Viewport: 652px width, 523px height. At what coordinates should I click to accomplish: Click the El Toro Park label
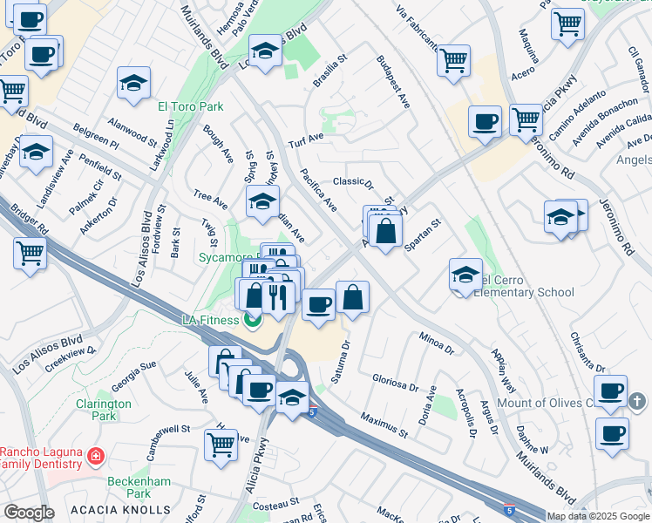[x=190, y=107]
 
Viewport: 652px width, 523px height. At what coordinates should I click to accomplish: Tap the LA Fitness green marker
[x=253, y=321]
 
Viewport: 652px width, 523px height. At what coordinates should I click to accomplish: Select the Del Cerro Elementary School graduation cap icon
[x=466, y=275]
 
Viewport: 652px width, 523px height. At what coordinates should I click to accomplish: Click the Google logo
[x=29, y=513]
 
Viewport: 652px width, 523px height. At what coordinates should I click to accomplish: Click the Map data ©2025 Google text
[x=598, y=516]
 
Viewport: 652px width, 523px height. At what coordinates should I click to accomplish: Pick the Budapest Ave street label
[x=393, y=82]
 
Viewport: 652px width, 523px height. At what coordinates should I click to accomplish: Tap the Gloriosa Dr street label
[x=396, y=384]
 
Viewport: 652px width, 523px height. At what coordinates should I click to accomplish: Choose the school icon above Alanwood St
[x=133, y=84]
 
